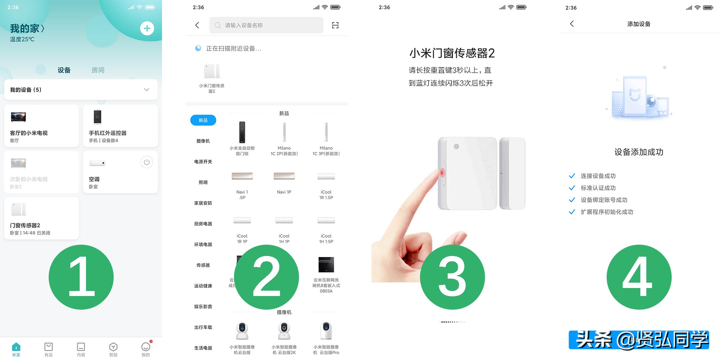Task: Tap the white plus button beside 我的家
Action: (147, 28)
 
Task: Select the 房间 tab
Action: (98, 70)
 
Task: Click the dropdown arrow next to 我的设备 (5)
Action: (146, 90)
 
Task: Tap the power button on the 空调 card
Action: (146, 162)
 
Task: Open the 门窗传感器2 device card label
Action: (25, 225)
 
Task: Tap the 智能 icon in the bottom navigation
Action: (113, 349)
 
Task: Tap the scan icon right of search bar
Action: (335, 25)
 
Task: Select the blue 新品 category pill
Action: (203, 120)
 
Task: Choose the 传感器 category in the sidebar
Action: (203, 265)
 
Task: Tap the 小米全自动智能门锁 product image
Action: (242, 132)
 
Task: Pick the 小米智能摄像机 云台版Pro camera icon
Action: (326, 331)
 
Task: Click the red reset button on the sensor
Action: (442, 173)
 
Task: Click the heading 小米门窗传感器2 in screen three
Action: (452, 53)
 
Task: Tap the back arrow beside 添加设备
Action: (572, 24)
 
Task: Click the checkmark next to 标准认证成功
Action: (572, 188)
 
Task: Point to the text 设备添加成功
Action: (639, 152)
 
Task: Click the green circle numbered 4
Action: (639, 277)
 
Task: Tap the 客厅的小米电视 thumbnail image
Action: (18, 117)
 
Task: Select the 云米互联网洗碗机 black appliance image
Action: (326, 265)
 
